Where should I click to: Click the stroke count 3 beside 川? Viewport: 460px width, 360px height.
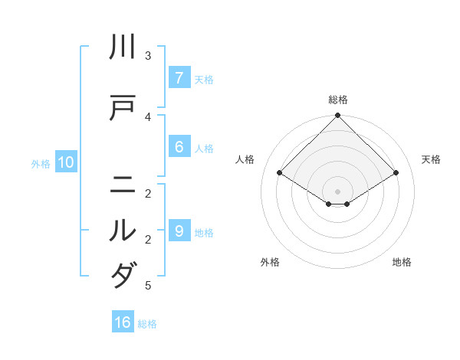[x=148, y=56]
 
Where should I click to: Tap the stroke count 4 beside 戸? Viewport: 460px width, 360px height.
[x=148, y=116]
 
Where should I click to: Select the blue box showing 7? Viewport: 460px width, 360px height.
[x=179, y=78]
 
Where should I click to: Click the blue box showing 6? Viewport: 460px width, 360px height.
[x=179, y=147]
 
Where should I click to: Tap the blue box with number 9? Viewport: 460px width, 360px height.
[x=179, y=231]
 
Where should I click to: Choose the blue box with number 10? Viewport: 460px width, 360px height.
[x=65, y=162]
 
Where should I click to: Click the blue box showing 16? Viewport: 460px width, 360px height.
[x=123, y=322]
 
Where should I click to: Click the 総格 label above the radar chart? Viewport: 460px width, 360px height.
[x=338, y=100]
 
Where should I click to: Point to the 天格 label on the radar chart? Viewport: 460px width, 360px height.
[x=431, y=159]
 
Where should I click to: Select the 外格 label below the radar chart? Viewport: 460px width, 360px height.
[x=270, y=262]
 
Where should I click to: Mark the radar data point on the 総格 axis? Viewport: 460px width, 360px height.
[x=338, y=116]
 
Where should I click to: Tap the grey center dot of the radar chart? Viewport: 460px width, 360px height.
[x=338, y=191]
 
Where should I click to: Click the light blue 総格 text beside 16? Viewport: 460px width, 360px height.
[x=147, y=324]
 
